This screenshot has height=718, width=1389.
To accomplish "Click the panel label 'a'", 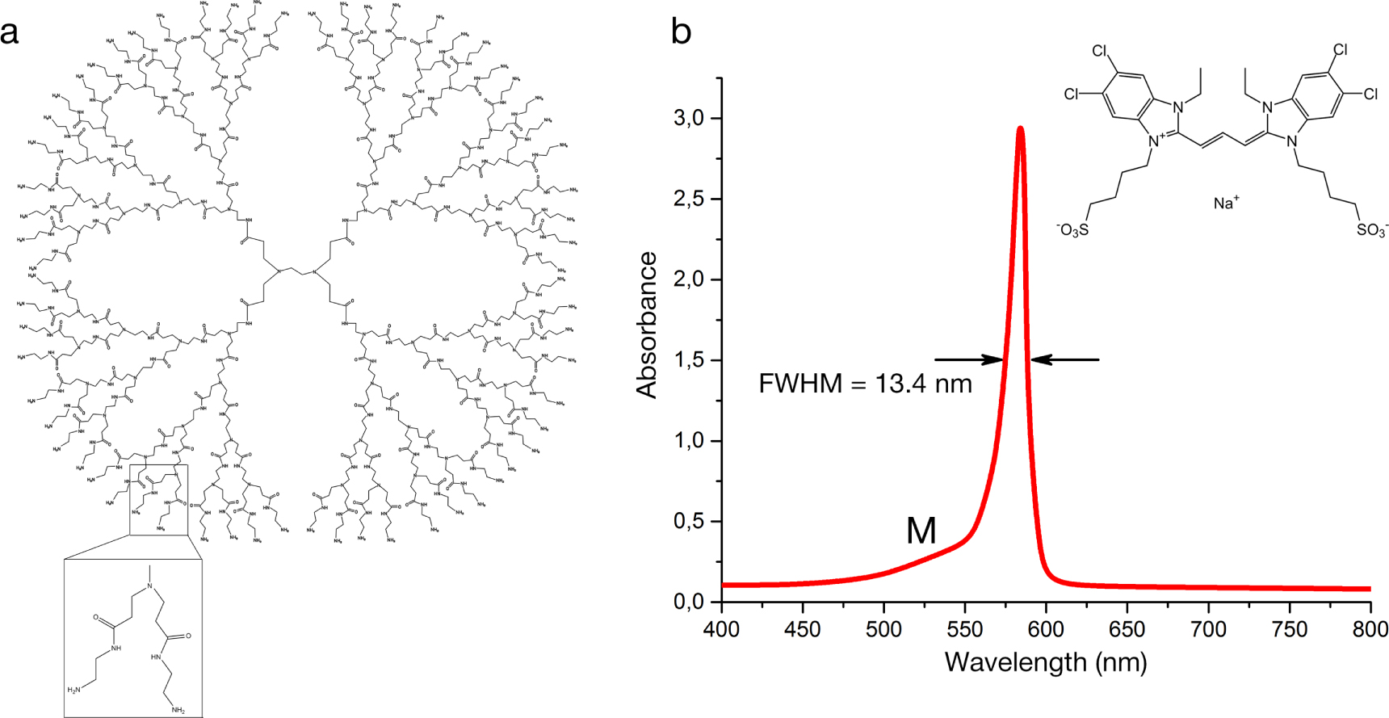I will [10, 34].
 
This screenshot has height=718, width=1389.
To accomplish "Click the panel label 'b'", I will [682, 32].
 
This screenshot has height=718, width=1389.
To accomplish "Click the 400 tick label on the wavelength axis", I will [722, 629].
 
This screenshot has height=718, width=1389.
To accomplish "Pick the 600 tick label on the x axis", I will [1047, 629].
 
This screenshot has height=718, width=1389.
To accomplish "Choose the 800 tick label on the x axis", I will [1370, 629].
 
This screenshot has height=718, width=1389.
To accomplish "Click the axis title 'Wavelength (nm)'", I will [1046, 662].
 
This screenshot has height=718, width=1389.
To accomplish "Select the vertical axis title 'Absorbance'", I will [647, 325].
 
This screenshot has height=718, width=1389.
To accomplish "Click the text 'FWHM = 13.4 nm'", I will [865, 383].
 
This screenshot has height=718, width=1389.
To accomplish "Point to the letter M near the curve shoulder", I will [921, 531].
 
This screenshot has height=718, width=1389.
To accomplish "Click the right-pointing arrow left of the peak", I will [969, 359].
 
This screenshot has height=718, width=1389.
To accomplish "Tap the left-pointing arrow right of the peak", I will [1065, 359].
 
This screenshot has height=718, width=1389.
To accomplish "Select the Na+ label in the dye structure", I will [1225, 202].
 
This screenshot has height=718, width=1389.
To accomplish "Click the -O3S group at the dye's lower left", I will [1072, 230].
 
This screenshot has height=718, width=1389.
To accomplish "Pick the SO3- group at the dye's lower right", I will [1371, 230].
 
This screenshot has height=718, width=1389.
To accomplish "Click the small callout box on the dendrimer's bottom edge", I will [158, 499].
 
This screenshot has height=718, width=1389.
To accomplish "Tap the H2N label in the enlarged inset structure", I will [74, 690].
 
